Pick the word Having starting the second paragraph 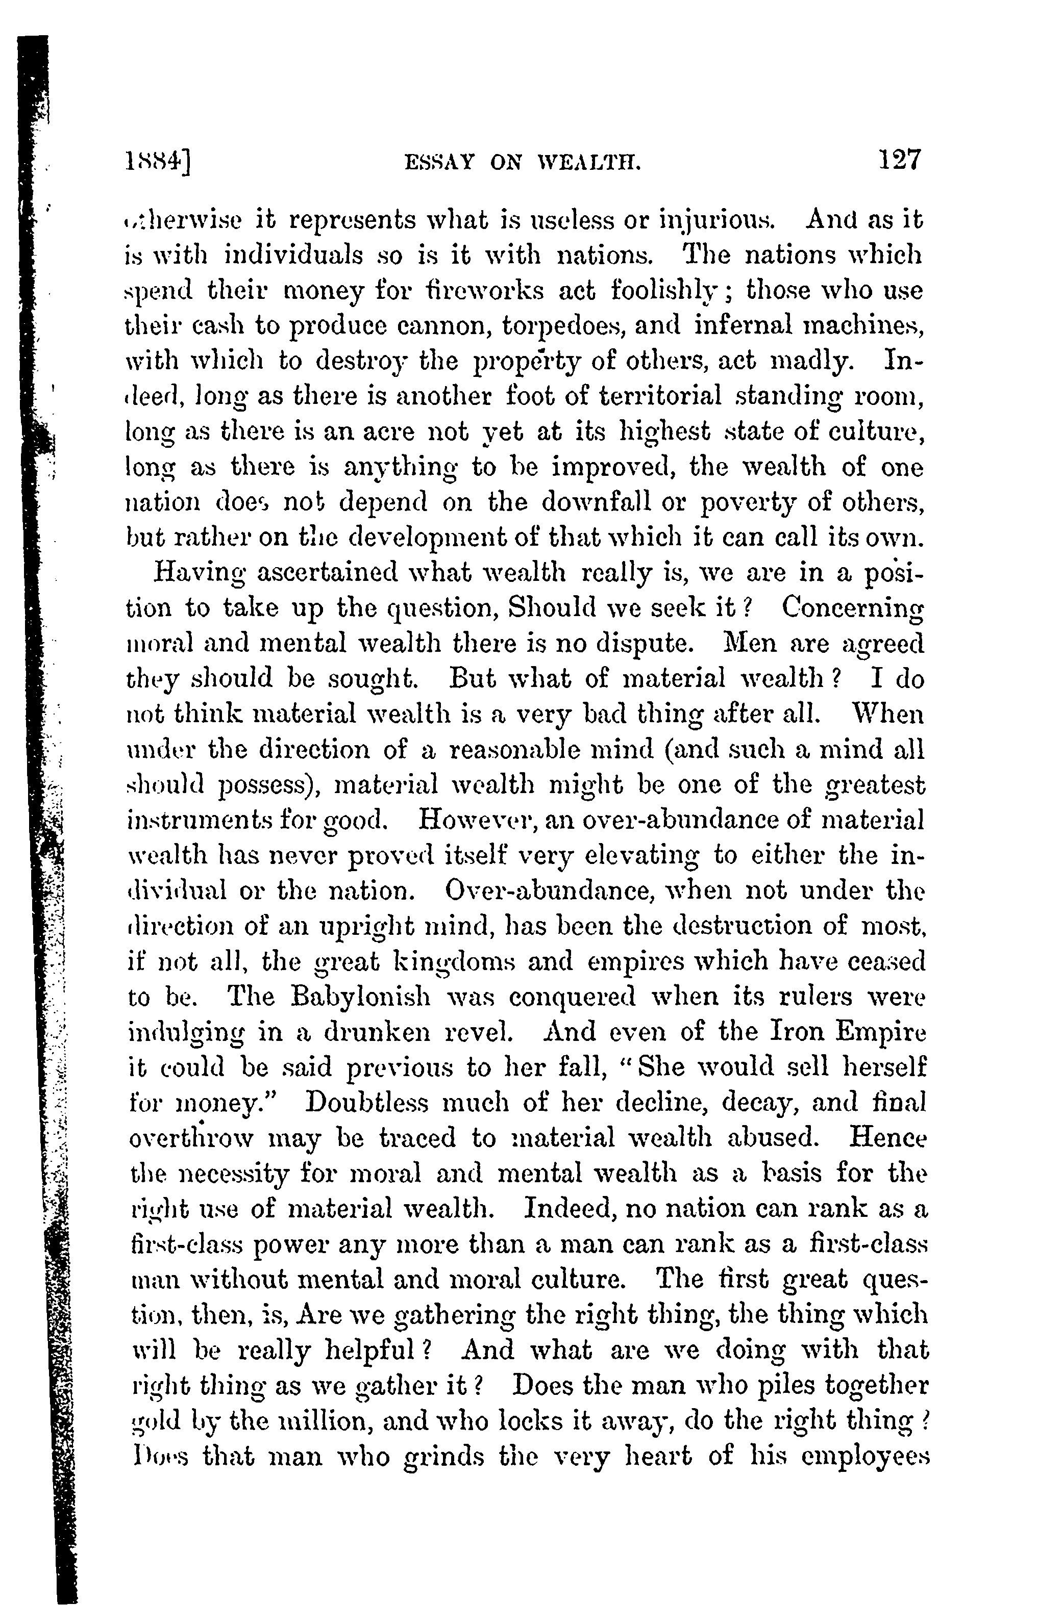point(199,574)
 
